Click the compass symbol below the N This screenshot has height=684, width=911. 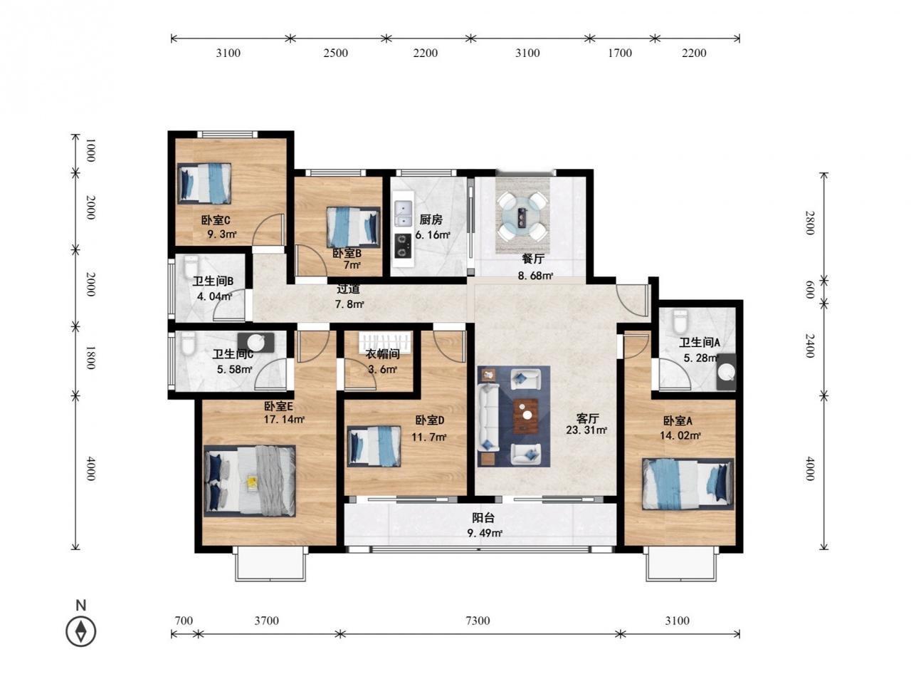click(80, 631)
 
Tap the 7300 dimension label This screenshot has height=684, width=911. click(478, 621)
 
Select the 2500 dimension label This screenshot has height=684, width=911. click(335, 53)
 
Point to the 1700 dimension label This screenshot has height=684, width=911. click(620, 53)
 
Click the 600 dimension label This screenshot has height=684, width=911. click(809, 289)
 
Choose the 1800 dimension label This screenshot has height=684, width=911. click(90, 357)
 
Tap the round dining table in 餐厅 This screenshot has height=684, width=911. click(522, 214)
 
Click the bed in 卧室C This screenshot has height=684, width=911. click(204, 183)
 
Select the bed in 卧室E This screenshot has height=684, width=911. click(249, 480)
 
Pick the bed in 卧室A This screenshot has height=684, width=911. click(688, 484)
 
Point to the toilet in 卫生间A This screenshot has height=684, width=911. click(680, 321)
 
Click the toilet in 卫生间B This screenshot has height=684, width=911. click(191, 266)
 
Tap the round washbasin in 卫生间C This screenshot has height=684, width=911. click(256, 342)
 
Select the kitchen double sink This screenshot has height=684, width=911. click(403, 212)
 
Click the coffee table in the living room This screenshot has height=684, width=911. click(525, 415)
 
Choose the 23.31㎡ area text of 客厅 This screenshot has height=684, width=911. click(586, 430)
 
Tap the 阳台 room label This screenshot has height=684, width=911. click(483, 517)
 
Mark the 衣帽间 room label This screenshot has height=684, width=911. click(382, 354)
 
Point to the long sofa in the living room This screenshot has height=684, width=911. click(488, 417)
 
